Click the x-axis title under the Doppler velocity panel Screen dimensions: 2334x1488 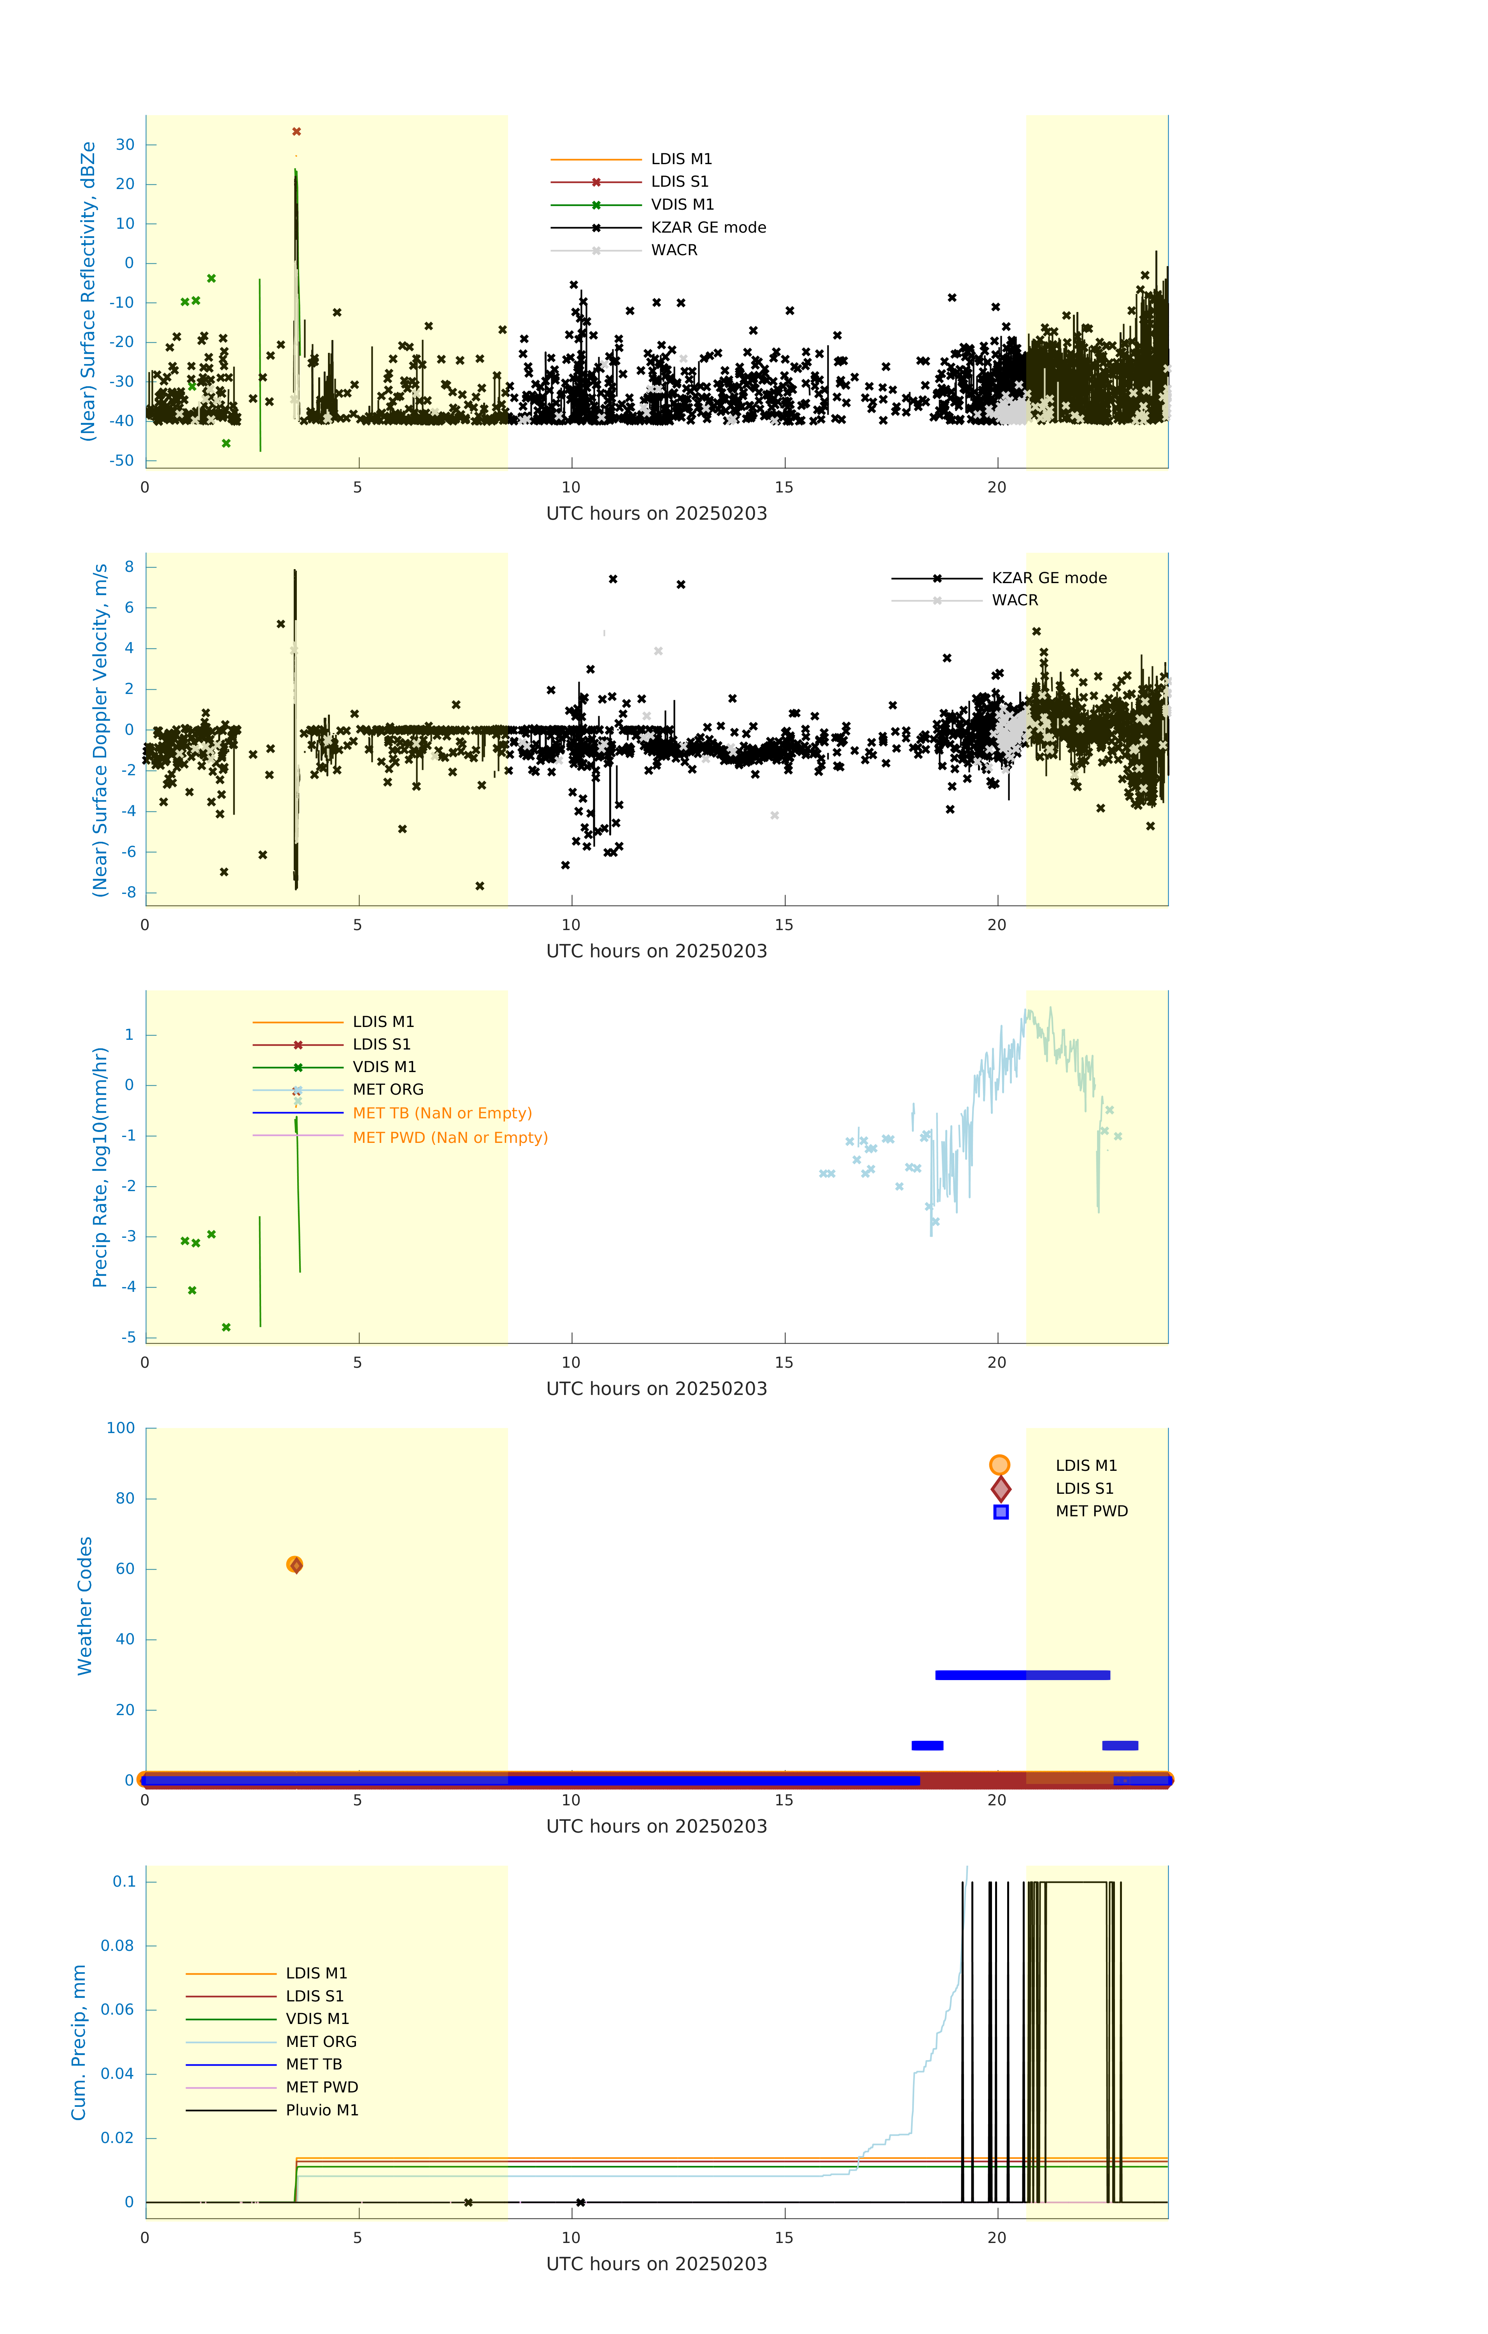pyautogui.click(x=656, y=951)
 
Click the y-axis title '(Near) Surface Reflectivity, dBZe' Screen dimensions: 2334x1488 pyautogui.click(x=88, y=291)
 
